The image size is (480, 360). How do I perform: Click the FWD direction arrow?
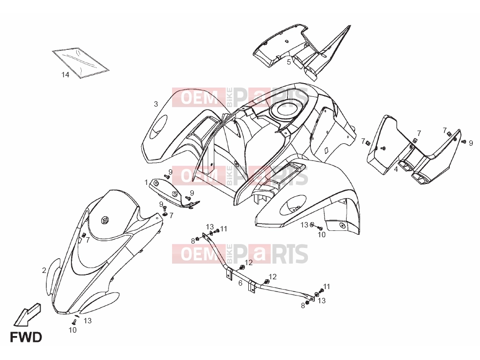(27, 315)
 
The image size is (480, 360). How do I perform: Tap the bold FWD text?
(26, 337)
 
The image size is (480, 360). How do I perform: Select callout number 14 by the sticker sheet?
(65, 74)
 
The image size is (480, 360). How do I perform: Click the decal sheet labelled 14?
(81, 63)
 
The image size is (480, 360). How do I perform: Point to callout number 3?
(156, 104)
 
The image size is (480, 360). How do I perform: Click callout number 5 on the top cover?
(289, 62)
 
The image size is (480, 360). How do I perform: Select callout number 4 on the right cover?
(396, 169)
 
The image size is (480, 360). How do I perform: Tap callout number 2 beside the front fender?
(44, 270)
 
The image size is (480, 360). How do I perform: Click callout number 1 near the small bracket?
(146, 182)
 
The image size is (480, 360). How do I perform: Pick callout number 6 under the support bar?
(240, 283)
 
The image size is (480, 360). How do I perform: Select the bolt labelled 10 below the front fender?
(73, 322)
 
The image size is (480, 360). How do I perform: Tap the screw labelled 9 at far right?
(464, 141)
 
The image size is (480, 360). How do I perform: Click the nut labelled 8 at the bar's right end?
(307, 303)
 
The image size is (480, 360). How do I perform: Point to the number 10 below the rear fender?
(322, 235)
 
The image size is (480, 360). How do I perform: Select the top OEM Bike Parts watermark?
(240, 97)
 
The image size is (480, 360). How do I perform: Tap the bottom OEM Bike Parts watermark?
(240, 254)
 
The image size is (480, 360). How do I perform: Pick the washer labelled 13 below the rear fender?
(312, 225)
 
